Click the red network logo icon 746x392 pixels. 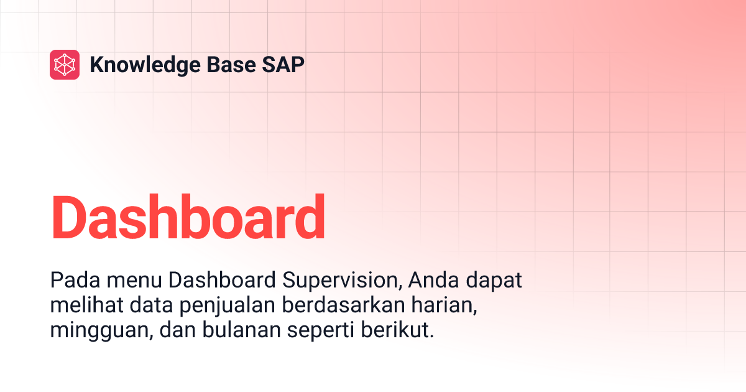(65, 65)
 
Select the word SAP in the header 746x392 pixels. (286, 65)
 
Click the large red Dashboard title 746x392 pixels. (188, 218)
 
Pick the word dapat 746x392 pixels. (496, 281)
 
